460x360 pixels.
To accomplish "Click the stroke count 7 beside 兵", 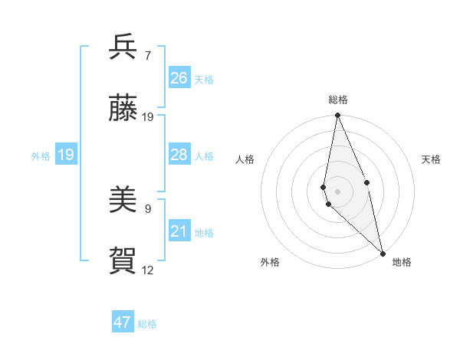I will click(x=148, y=55).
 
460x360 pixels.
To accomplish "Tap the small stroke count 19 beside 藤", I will click(x=148, y=117).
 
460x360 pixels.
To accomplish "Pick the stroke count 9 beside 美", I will click(x=148, y=208).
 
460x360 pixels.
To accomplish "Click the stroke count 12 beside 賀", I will click(x=148, y=270).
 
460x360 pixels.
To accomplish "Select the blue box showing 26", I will click(x=179, y=78).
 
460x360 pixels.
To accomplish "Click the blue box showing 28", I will click(x=179, y=155).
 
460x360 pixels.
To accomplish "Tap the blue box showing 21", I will click(x=179, y=231).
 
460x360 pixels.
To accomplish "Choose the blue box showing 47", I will click(x=123, y=322).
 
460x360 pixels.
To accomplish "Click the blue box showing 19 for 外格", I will click(x=65, y=155).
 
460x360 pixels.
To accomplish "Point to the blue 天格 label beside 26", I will click(x=204, y=80).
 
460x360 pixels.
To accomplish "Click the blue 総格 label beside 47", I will click(x=147, y=324).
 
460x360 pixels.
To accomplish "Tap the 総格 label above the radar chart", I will click(x=338, y=100).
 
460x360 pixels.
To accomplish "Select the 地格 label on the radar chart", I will click(x=402, y=262).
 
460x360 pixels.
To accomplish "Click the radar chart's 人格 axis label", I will click(x=245, y=159).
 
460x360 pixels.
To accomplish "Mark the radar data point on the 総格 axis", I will click(x=337, y=116).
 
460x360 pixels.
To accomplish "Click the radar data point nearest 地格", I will click(x=382, y=252).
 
